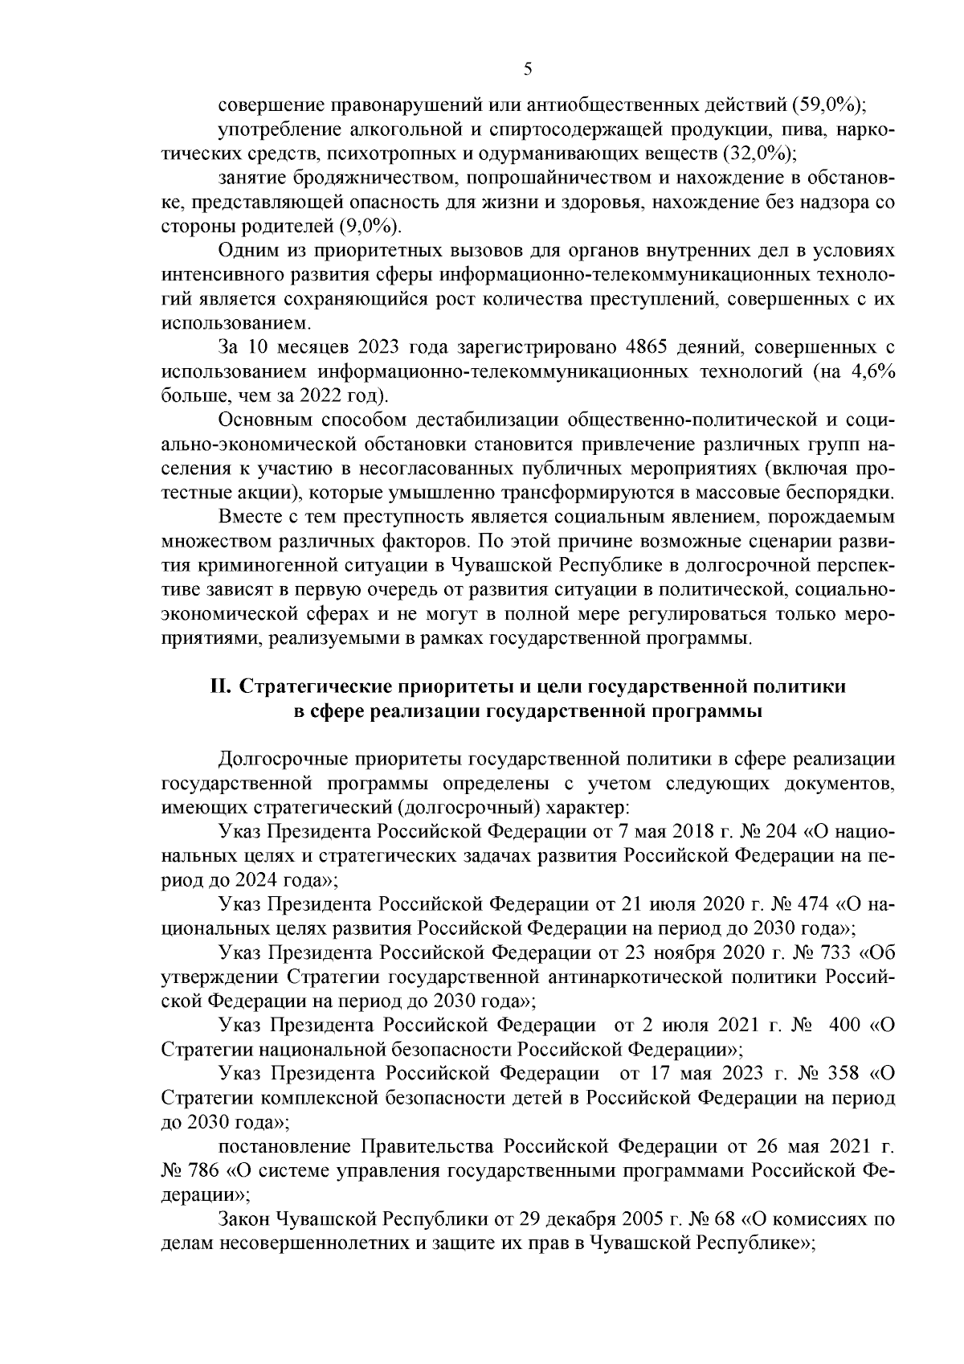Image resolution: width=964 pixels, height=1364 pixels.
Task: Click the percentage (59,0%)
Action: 836,105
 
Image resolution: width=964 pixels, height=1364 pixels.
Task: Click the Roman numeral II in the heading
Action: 220,687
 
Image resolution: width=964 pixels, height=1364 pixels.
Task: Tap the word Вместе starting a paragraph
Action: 247,516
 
